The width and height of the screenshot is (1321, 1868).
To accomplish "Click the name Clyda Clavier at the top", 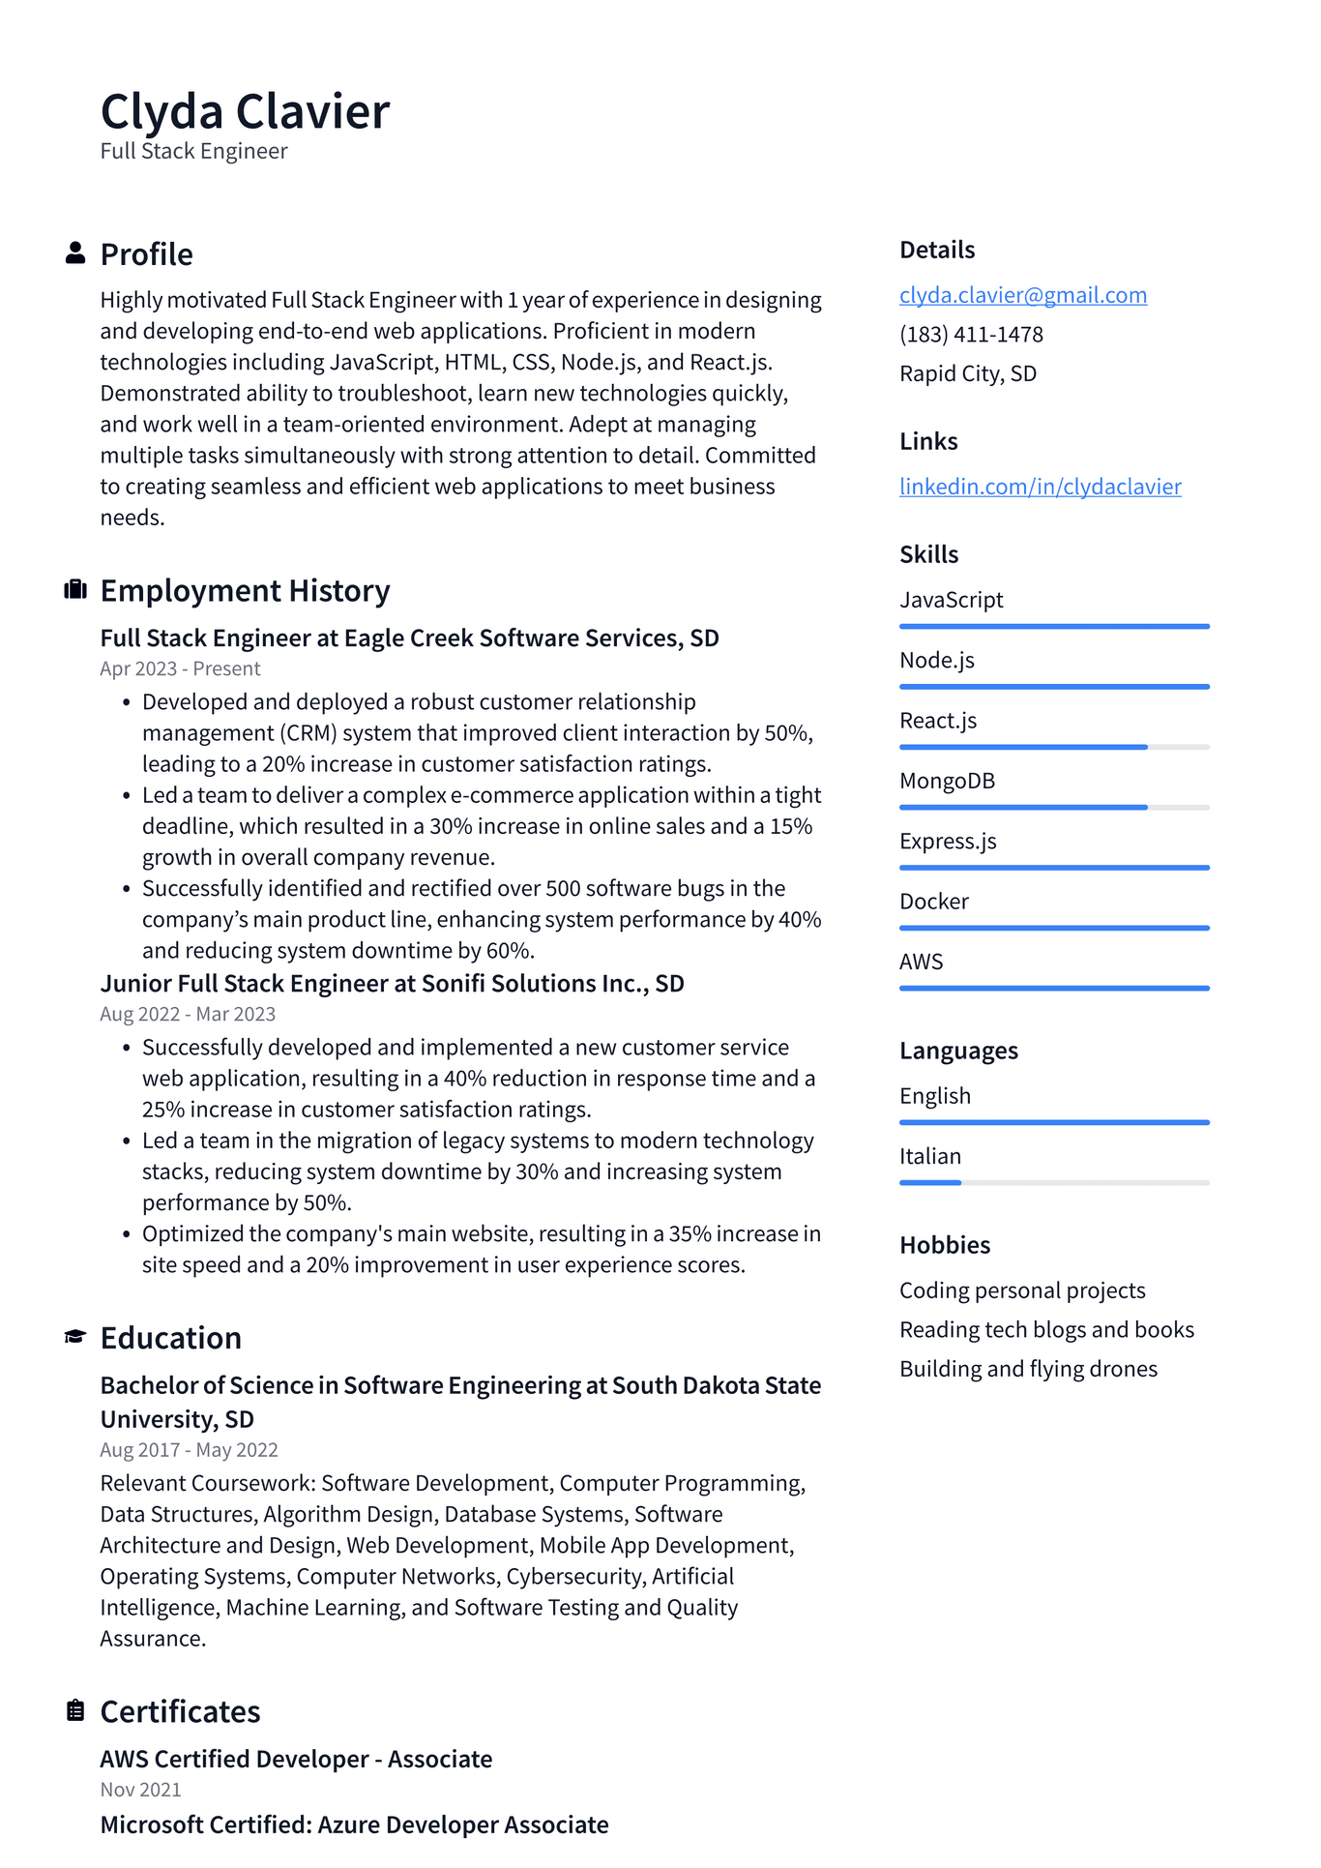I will [245, 111].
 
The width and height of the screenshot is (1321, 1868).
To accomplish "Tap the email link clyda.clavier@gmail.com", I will [1022, 295].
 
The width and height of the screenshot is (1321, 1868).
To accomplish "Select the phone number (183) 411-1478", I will [971, 335].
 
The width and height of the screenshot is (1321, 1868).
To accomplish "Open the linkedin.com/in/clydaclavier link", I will [1040, 487].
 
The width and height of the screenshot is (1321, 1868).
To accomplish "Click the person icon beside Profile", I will [75, 253].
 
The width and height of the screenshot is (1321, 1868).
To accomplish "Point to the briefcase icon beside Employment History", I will [75, 590].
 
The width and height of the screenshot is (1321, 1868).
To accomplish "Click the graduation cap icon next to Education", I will [75, 1337].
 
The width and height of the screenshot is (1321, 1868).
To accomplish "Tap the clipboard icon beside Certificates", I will [75, 1710].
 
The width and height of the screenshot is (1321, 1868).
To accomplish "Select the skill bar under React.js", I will [1053, 747].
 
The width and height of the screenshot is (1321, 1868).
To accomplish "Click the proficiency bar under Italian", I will [1053, 1182].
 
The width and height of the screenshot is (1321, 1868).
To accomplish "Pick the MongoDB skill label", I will [947, 781].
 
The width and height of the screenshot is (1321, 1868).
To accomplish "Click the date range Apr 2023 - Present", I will [180, 668].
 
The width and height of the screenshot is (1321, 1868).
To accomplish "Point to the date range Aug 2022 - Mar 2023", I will [188, 1014].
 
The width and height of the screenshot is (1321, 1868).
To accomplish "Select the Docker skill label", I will [933, 902].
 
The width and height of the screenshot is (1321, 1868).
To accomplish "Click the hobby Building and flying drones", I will [1028, 1369].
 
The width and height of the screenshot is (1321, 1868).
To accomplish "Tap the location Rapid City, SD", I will [967, 373].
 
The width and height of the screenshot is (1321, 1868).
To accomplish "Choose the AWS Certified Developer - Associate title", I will [296, 1759].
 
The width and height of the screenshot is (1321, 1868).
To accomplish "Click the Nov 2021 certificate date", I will [140, 1790].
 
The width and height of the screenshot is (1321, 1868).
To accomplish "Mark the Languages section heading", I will [957, 1051].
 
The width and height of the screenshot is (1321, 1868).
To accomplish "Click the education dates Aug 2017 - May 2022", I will [189, 1450].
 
